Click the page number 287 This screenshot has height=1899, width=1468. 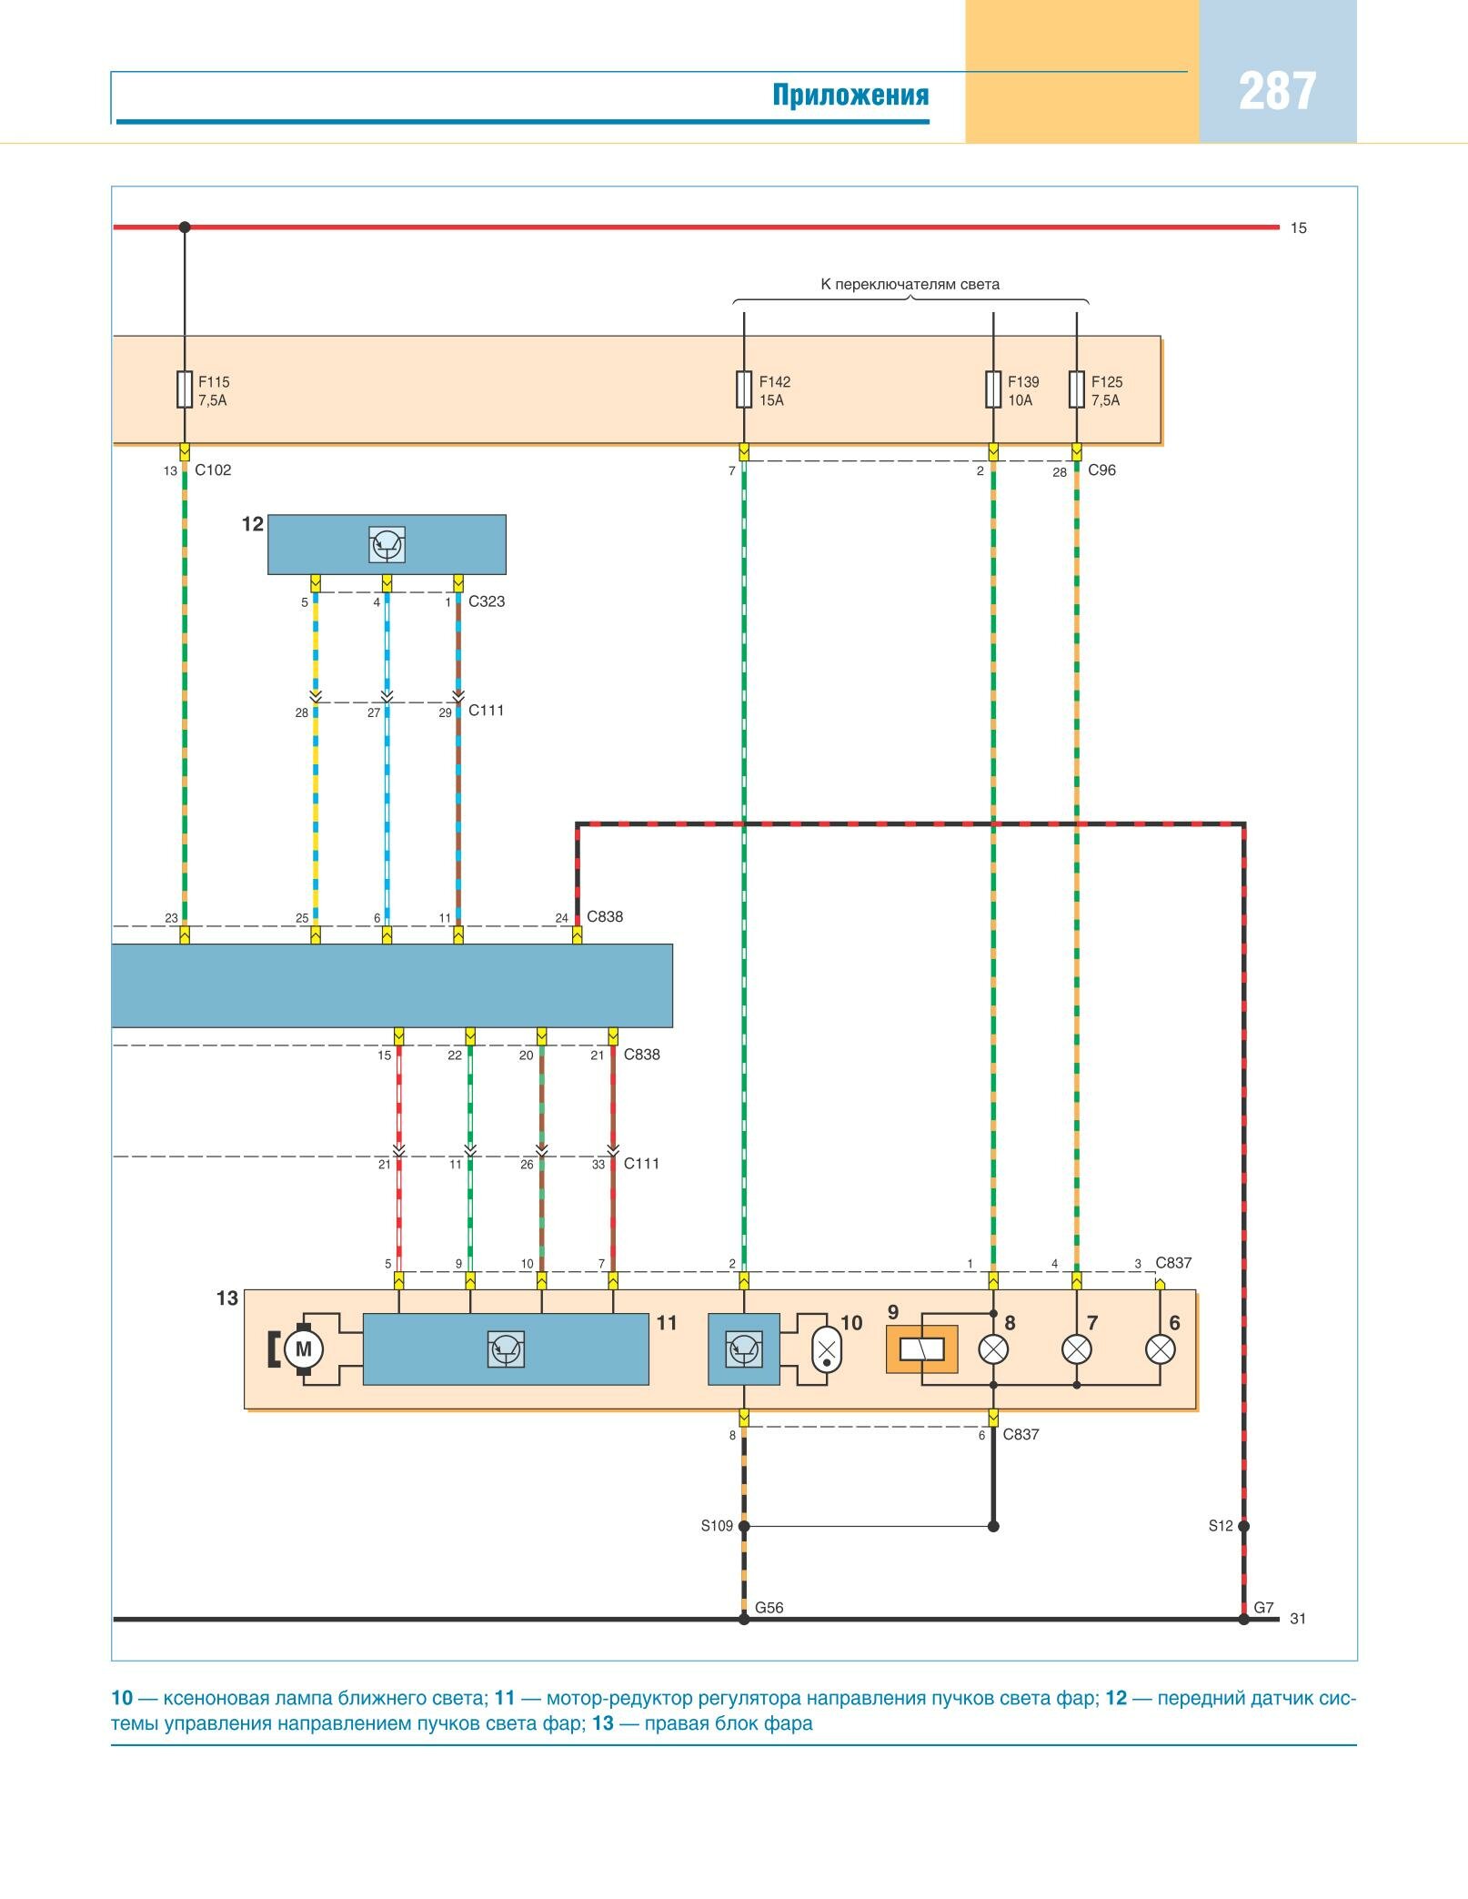[x=1277, y=92]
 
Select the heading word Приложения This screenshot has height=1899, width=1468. [x=850, y=95]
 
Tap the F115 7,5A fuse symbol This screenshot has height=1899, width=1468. [x=185, y=389]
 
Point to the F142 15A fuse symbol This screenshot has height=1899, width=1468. [x=744, y=389]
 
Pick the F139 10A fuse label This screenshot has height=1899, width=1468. [x=1022, y=391]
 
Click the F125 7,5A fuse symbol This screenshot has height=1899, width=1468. [x=1077, y=389]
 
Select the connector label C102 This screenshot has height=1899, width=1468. [x=213, y=470]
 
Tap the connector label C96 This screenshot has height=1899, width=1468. [x=1101, y=470]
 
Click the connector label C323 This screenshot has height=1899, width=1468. [x=487, y=601]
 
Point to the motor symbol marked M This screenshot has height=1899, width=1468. [x=304, y=1349]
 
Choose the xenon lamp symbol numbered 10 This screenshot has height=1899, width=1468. [x=826, y=1349]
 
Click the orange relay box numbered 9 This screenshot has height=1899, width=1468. [x=922, y=1349]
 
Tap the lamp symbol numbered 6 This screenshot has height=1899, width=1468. [x=1160, y=1349]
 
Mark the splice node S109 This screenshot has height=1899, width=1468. [x=744, y=1526]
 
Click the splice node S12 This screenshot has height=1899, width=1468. [x=1243, y=1526]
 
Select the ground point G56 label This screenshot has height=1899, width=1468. [x=769, y=1608]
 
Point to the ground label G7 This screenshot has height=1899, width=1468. [x=1263, y=1608]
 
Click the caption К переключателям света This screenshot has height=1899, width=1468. [x=910, y=284]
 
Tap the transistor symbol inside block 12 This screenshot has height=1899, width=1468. [x=387, y=545]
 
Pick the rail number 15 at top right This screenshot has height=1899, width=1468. [x=1298, y=228]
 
